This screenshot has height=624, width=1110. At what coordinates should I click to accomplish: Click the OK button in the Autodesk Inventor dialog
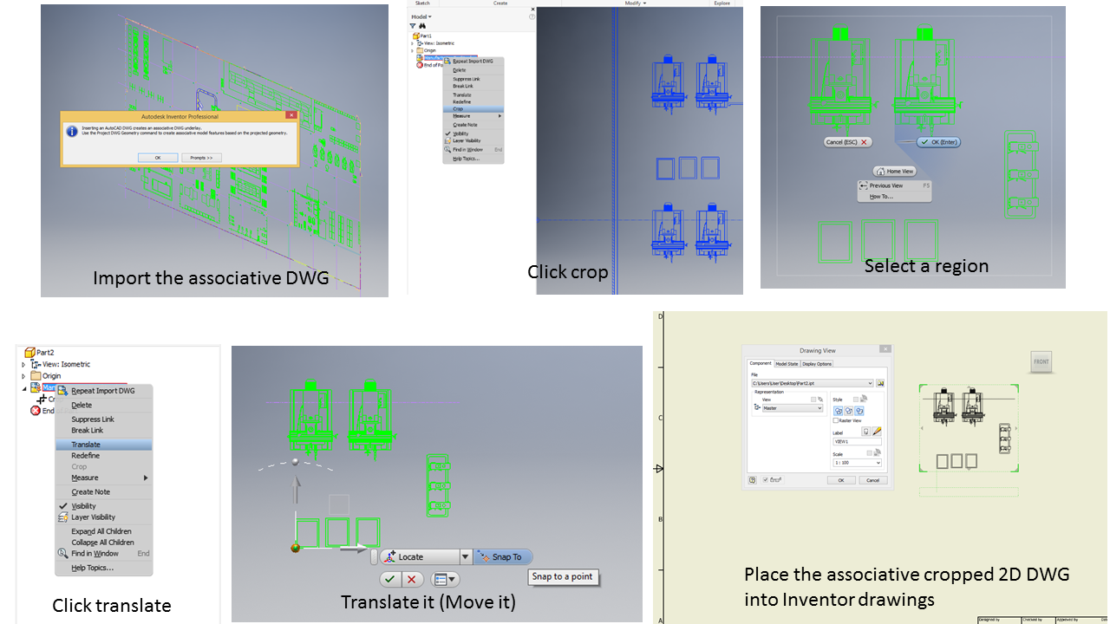[x=158, y=158]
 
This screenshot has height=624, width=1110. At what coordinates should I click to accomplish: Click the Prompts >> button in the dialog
[x=201, y=158]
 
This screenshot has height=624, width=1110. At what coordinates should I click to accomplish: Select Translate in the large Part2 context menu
[x=86, y=445]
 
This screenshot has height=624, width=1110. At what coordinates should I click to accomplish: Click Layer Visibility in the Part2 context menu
[x=93, y=517]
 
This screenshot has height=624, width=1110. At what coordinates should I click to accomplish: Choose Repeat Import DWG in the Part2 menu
[x=102, y=391]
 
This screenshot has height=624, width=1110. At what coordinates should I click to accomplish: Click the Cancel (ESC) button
[x=847, y=142]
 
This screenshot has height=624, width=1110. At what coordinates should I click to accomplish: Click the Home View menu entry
[x=895, y=172]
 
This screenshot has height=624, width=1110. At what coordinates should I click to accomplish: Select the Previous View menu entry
[x=885, y=185]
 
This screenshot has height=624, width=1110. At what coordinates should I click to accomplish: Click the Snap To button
[x=502, y=557]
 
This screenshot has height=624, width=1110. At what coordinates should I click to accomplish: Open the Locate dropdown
[x=466, y=557]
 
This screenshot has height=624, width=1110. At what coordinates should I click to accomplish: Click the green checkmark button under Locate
[x=389, y=580]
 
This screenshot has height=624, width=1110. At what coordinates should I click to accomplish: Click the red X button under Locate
[x=412, y=580]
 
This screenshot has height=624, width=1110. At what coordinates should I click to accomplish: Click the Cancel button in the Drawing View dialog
[x=872, y=480]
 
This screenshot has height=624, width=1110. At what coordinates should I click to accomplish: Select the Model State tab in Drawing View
[x=787, y=364]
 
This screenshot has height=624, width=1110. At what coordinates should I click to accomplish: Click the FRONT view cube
[x=1041, y=362]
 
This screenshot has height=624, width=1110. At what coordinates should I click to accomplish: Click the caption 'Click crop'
[x=567, y=272]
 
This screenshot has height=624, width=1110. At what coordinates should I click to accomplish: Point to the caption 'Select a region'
[x=926, y=266]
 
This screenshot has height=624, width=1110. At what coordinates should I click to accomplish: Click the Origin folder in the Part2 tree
[x=51, y=376]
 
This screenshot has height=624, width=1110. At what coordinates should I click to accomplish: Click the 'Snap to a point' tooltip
[x=563, y=577]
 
